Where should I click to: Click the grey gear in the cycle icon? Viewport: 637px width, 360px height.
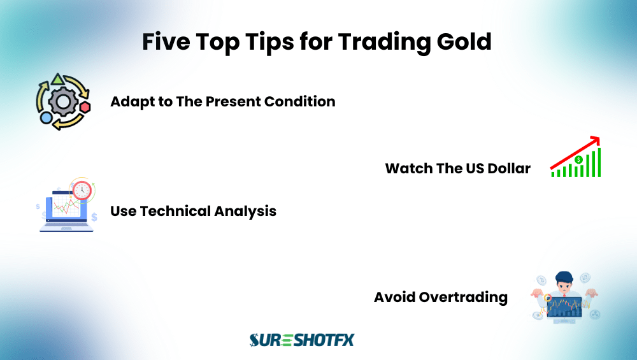pos(62,102)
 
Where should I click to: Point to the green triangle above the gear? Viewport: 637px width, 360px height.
pos(58,80)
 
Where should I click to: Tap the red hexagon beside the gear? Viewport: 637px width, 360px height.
pos(85,106)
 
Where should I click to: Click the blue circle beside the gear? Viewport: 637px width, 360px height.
pos(46,118)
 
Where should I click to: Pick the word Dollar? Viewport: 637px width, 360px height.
pos(508,169)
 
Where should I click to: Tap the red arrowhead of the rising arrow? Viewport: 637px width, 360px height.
pos(595,140)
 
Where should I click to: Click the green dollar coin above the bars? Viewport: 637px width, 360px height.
pos(578,160)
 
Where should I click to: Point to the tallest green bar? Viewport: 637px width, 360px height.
pos(598,163)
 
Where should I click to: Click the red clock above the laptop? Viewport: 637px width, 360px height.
pos(82,189)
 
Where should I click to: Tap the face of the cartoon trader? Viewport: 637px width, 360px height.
pos(563,282)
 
